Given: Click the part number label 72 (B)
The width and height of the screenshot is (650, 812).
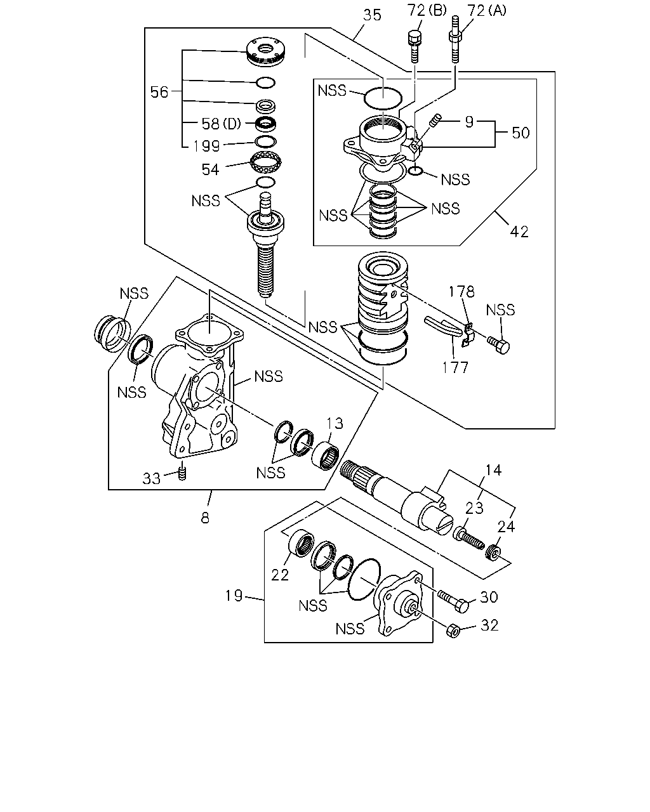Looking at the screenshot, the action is click(x=427, y=11).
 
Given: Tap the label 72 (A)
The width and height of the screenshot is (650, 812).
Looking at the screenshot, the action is click(x=487, y=11).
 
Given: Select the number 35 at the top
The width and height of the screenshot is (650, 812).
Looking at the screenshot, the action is click(x=373, y=15).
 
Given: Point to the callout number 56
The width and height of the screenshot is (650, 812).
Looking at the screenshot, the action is click(x=159, y=92).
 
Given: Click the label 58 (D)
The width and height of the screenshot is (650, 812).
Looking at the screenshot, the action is click(x=222, y=123).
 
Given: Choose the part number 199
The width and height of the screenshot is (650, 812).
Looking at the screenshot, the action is click(x=206, y=146).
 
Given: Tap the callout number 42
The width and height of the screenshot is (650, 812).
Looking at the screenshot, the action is click(x=519, y=232).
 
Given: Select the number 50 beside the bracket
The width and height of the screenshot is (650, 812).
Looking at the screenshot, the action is click(x=521, y=133).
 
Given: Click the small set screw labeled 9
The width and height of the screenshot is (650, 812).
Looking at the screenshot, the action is click(x=435, y=121).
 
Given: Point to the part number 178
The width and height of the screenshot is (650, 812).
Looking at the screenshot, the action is click(x=461, y=292).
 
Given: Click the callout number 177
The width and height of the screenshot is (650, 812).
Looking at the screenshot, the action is click(x=455, y=367).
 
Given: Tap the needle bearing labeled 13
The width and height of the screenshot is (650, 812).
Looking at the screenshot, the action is click(x=325, y=457).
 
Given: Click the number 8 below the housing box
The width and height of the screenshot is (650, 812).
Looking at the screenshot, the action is click(x=205, y=518).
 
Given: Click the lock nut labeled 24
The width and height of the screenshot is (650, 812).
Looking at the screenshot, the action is click(x=493, y=553).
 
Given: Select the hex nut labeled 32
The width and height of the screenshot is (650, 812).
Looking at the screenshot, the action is click(x=453, y=631).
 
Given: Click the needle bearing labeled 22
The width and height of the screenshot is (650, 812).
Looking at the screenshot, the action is click(x=301, y=544).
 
